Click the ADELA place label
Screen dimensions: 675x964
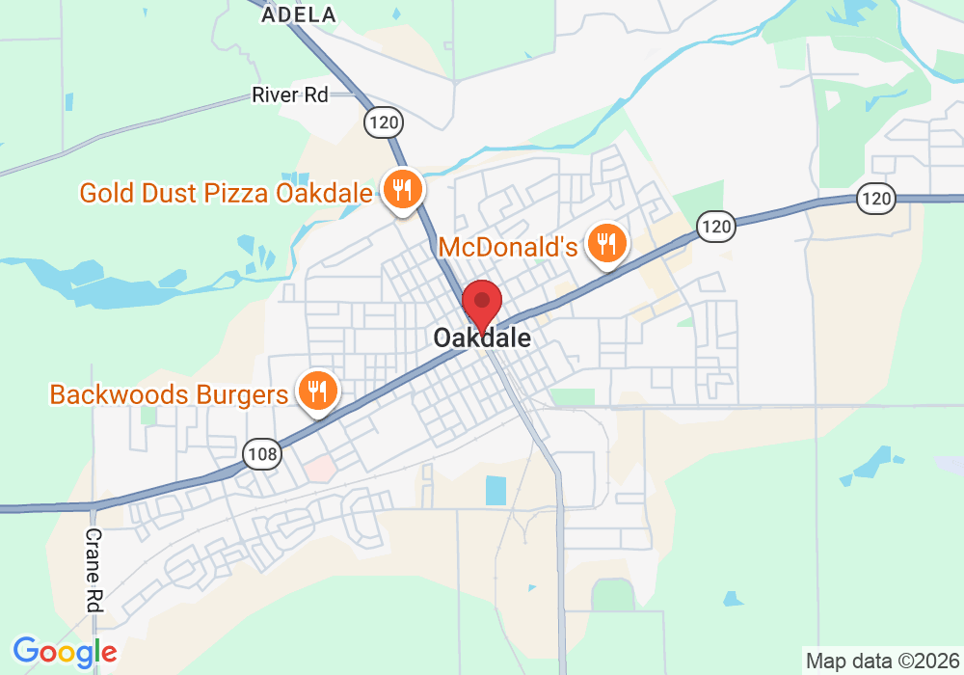(x=300, y=14)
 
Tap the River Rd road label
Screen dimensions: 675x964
(x=290, y=94)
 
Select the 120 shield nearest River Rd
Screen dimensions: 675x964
(x=383, y=121)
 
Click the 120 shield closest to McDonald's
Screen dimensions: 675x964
(x=717, y=227)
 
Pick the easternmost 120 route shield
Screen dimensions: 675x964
(x=876, y=199)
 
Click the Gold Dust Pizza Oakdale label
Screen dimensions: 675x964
(x=226, y=193)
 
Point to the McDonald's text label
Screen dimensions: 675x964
(x=508, y=247)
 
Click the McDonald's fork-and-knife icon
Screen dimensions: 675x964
(x=607, y=244)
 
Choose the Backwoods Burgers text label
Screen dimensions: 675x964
(x=169, y=394)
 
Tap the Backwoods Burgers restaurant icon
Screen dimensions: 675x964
(x=315, y=391)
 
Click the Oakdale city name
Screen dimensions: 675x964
(x=482, y=338)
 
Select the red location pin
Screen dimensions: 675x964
(x=482, y=303)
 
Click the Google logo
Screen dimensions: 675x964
(x=65, y=652)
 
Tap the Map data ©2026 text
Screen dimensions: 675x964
(x=881, y=661)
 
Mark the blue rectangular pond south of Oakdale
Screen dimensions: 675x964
(x=495, y=491)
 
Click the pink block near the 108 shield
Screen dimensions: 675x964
(x=321, y=470)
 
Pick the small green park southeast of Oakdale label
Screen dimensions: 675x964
(x=573, y=396)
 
